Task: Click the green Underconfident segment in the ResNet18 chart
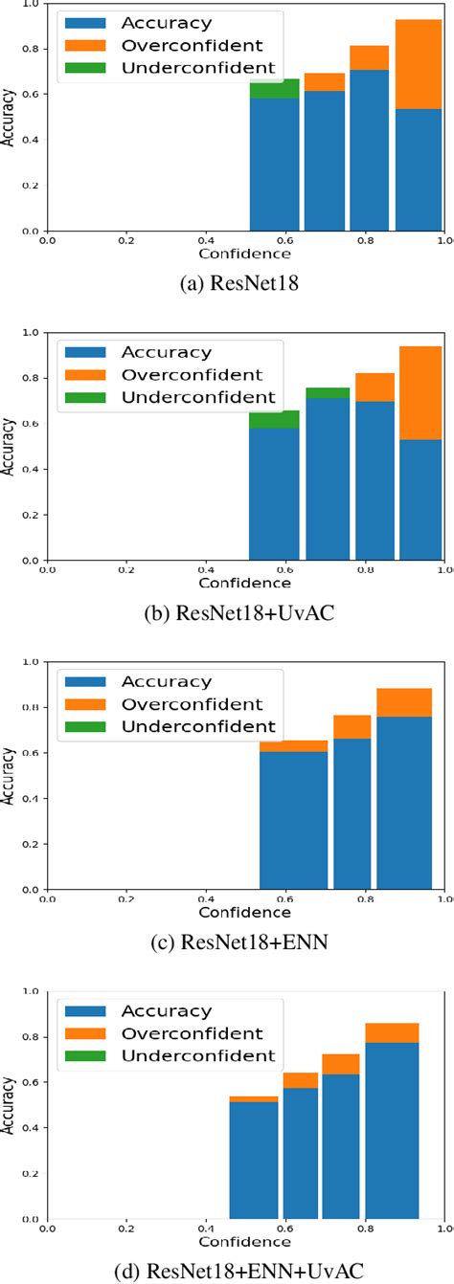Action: pos(275,88)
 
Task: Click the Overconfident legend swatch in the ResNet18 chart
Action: pos(83,43)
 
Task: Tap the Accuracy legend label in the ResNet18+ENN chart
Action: pos(165,681)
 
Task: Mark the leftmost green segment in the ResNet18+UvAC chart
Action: pos(274,420)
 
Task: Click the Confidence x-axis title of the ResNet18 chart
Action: pos(244,254)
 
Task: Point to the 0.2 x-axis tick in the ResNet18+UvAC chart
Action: pos(126,570)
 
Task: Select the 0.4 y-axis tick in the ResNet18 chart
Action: pos(34,141)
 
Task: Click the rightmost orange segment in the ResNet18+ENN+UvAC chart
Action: pos(392,1032)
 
